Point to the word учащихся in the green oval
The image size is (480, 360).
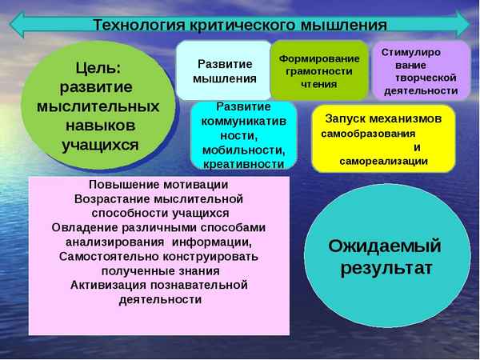[100, 145]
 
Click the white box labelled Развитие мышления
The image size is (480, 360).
[224, 70]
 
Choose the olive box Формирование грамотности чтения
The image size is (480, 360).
[318, 70]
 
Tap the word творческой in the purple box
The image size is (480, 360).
[426, 78]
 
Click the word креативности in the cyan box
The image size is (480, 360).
[243, 163]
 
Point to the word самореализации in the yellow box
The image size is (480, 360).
[383, 161]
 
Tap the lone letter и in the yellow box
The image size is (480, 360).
[417, 147]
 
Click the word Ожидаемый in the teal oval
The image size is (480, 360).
[385, 245]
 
